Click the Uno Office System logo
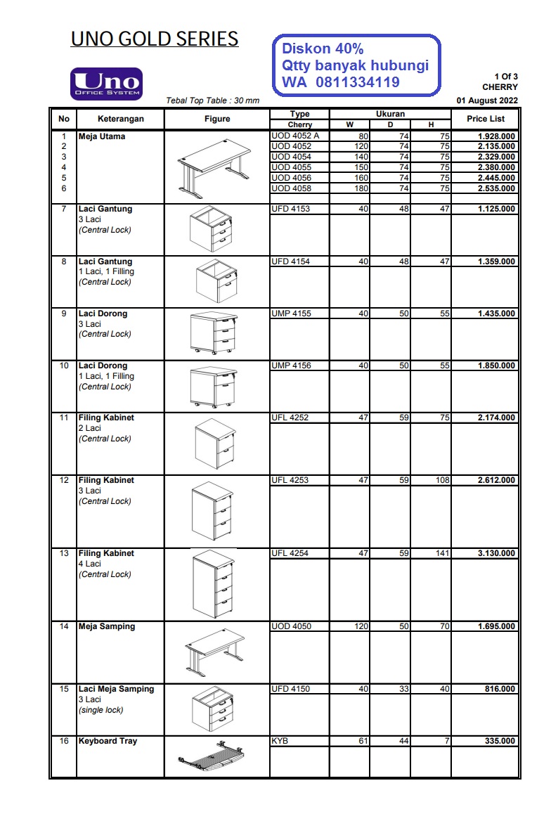(x=106, y=84)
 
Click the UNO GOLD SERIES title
(x=155, y=39)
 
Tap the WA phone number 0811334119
(x=358, y=83)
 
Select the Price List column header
(x=486, y=119)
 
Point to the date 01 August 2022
(x=487, y=101)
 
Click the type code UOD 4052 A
(x=295, y=136)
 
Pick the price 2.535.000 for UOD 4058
(x=496, y=188)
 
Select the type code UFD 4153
(x=290, y=209)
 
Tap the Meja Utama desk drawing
(x=214, y=166)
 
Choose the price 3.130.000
(x=496, y=553)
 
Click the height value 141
(x=442, y=553)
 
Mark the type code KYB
(x=280, y=741)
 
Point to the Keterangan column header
(x=120, y=119)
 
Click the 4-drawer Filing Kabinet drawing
(x=213, y=583)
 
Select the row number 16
(x=64, y=741)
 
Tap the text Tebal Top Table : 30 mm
(x=212, y=101)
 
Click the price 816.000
(x=500, y=689)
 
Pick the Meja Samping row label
(x=107, y=626)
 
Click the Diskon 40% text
(x=323, y=49)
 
